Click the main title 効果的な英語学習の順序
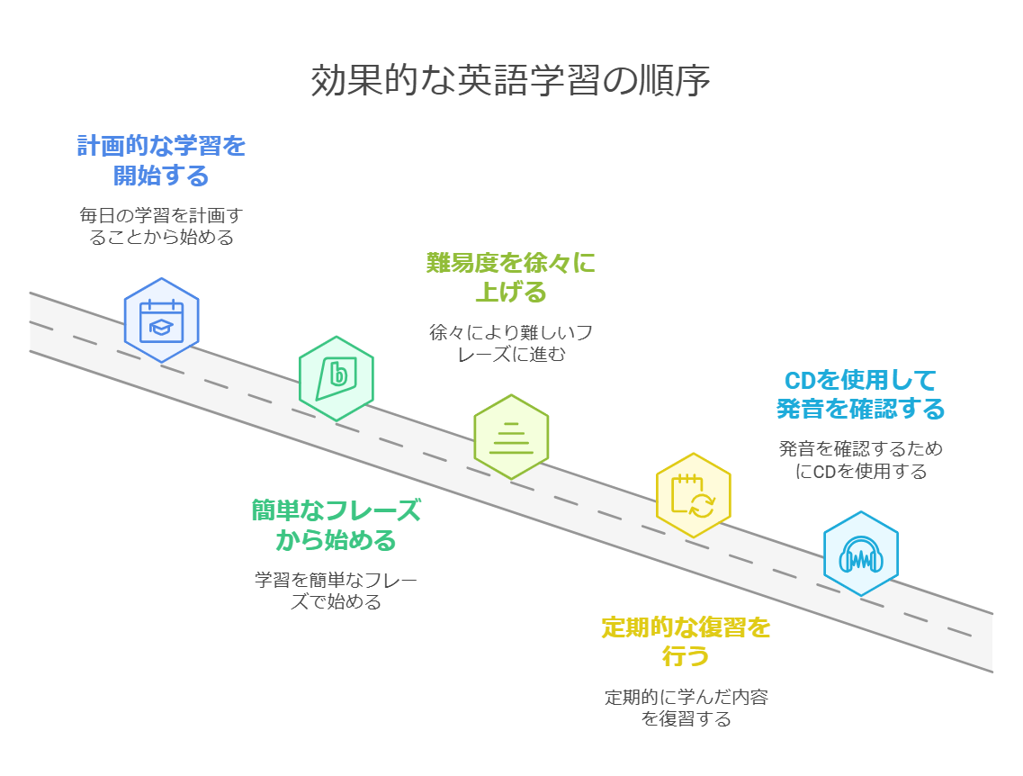[510, 80]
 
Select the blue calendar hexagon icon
[162, 320]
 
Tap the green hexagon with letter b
[336, 378]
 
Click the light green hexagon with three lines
[511, 437]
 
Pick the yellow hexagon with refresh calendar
[693, 495]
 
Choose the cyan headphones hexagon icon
[860, 554]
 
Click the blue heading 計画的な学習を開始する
[161, 160]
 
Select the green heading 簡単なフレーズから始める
[336, 526]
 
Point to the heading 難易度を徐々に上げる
[511, 277]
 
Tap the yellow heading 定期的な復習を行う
[686, 642]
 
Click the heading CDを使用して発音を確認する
[860, 394]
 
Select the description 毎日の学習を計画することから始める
[161, 226]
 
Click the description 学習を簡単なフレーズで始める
[336, 591]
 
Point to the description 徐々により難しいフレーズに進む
[511, 343]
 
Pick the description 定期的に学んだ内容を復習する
[686, 708]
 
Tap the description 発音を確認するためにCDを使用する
[860, 459]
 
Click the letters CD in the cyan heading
[800, 381]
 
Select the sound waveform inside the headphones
[860, 559]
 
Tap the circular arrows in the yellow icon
[702, 505]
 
